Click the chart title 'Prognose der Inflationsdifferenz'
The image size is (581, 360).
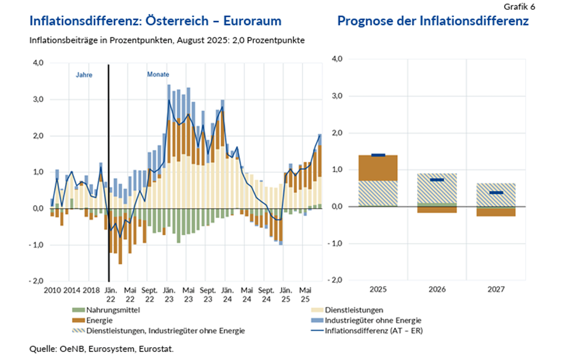[x=433, y=22]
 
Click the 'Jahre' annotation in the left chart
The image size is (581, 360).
[x=84, y=75]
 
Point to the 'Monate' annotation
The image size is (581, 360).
[x=158, y=75]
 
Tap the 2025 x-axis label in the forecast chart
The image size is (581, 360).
[x=377, y=289]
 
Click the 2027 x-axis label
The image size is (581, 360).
[x=497, y=289]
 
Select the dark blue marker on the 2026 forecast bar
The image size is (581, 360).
[x=437, y=180]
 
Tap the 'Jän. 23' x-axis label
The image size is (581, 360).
[x=167, y=293]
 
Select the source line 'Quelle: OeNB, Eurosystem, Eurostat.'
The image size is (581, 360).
[x=102, y=348]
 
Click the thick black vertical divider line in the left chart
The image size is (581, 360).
[x=109, y=172]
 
